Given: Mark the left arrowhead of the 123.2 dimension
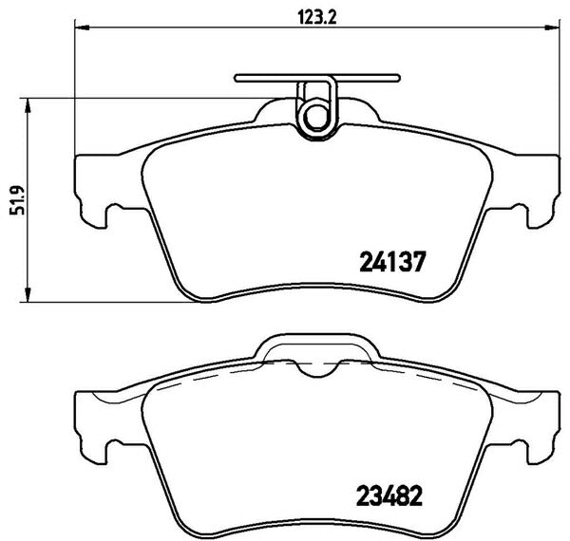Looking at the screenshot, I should pos(79,29).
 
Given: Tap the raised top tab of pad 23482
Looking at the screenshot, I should pos(313,346).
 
